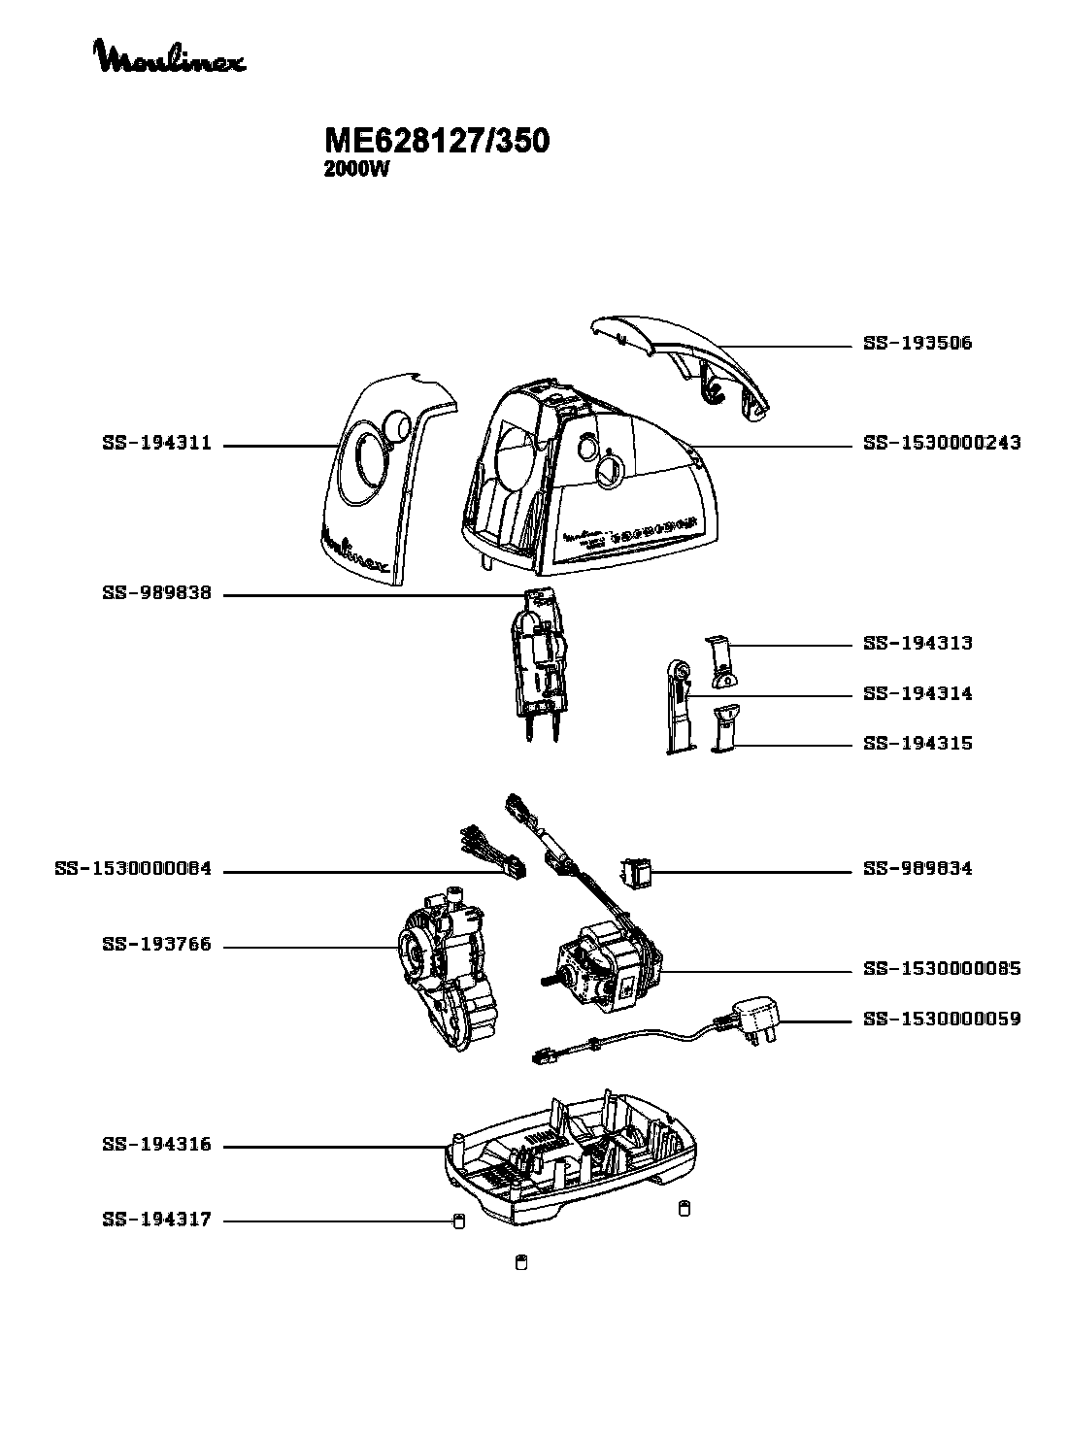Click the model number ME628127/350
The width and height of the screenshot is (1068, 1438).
pyautogui.click(x=436, y=142)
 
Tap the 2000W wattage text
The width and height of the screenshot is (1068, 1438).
pyautogui.click(x=355, y=169)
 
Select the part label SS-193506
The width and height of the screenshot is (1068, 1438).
pyautogui.click(x=917, y=344)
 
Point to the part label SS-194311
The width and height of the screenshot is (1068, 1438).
pyautogui.click(x=156, y=445)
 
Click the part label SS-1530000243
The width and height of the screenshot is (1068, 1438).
pyautogui.click(x=941, y=444)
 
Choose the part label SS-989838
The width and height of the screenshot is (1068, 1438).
pyautogui.click(x=156, y=593)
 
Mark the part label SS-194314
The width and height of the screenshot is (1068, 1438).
pyautogui.click(x=917, y=693)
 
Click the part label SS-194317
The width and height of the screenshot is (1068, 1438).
pyautogui.click(x=156, y=1220)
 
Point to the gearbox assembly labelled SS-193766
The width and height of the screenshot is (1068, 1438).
pyautogui.click(x=447, y=976)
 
